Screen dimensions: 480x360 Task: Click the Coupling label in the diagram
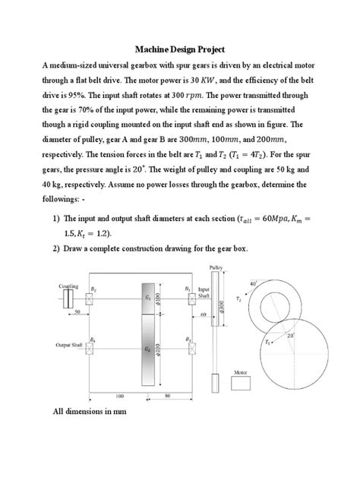[x=69, y=286]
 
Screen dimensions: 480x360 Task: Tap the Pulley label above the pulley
[x=216, y=267]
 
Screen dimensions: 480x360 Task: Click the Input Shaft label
[x=204, y=293]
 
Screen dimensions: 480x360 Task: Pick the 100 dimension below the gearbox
[x=119, y=396]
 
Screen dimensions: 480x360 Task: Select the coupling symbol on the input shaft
[x=69, y=298]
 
